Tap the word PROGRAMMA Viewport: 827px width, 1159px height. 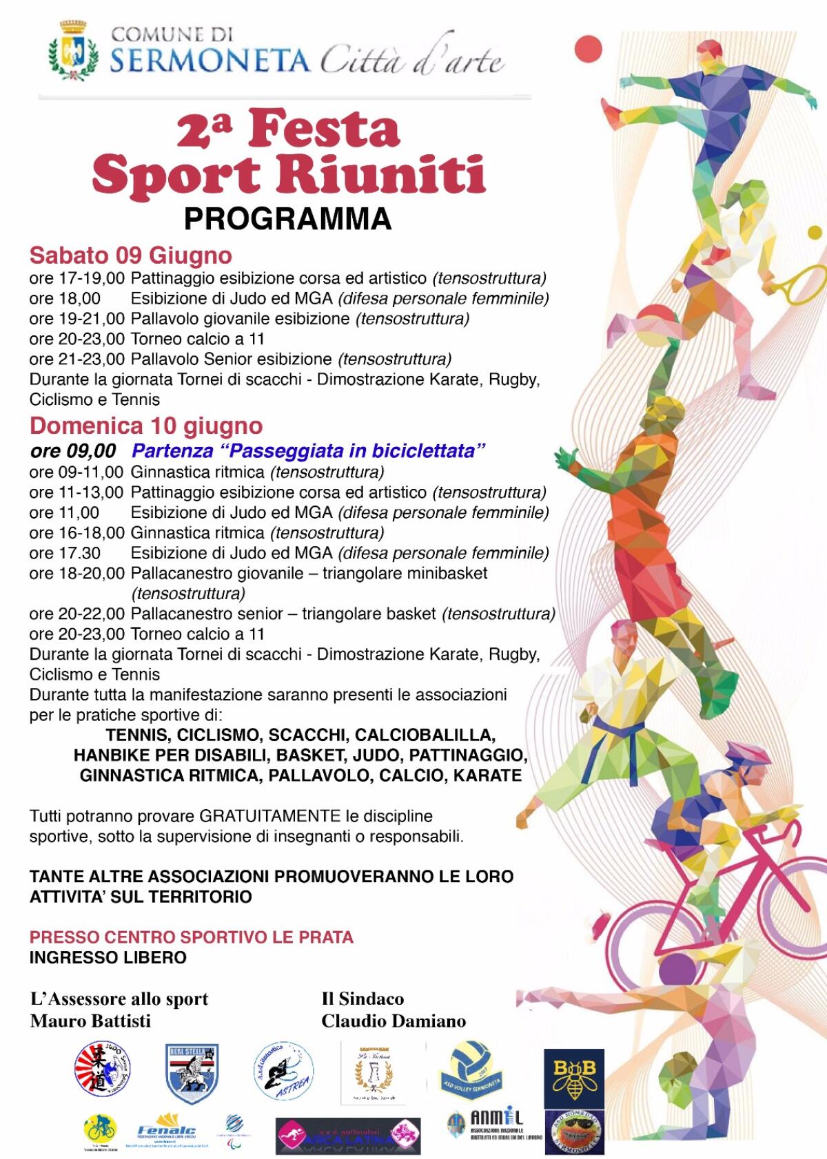287,218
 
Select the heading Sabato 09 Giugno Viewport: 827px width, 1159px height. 130,255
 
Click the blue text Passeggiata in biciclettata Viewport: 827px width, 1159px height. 309,451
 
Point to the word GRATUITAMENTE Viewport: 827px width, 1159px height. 270,816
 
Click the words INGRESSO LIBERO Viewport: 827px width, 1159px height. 108,957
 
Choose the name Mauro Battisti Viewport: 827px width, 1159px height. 90,1021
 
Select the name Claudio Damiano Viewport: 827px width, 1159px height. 394,1021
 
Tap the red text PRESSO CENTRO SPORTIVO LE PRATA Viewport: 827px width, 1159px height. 192,937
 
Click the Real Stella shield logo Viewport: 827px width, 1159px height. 192,1072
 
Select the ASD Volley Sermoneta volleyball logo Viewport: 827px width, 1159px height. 470,1069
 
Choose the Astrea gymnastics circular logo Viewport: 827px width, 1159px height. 284,1072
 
